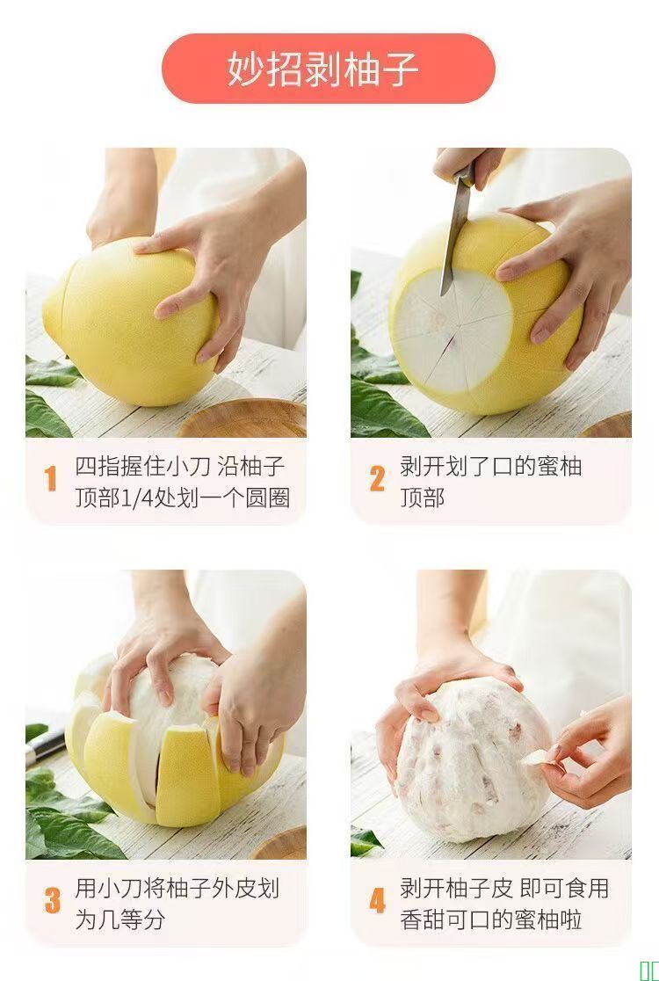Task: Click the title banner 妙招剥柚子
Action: click(329, 69)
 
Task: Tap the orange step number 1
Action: click(51, 478)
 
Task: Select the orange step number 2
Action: click(377, 478)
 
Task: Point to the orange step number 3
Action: click(53, 901)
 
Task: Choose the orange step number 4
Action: click(377, 901)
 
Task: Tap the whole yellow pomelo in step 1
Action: click(130, 320)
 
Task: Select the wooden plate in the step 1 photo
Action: click(244, 418)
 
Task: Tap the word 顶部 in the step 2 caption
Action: click(422, 498)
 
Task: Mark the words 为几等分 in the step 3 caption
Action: click(120, 919)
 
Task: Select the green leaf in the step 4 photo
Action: click(366, 841)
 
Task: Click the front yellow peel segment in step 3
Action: click(187, 776)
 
